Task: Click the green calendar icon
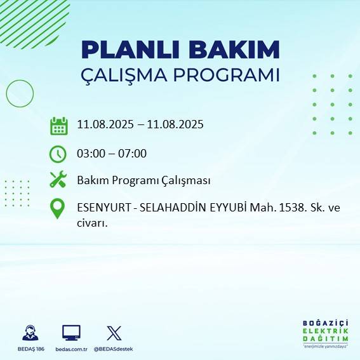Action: pos(58,125)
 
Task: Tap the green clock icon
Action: pos(58,153)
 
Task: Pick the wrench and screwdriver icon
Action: pos(58,180)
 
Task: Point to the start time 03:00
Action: pos(90,153)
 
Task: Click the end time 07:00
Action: pos(133,153)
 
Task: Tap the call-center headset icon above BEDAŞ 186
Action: pos(30,333)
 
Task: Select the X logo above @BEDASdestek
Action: pos(114,333)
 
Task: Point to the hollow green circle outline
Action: pos(20,93)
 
